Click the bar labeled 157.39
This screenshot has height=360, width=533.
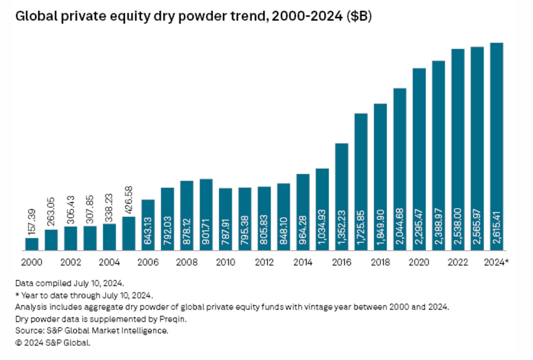(32, 244)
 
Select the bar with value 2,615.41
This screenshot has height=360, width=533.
(497, 146)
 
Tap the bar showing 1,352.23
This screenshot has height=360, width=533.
(341, 197)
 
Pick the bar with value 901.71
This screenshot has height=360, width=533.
(206, 215)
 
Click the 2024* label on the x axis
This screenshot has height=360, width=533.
(497, 263)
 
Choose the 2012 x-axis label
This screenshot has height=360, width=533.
(264, 263)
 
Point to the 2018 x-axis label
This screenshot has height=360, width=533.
(381, 263)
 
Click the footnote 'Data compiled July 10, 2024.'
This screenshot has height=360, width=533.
(70, 283)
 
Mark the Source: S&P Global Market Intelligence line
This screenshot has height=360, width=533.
(92, 331)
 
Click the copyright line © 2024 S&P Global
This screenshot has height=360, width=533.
(53, 343)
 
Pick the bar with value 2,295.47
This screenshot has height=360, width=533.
(419, 159)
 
